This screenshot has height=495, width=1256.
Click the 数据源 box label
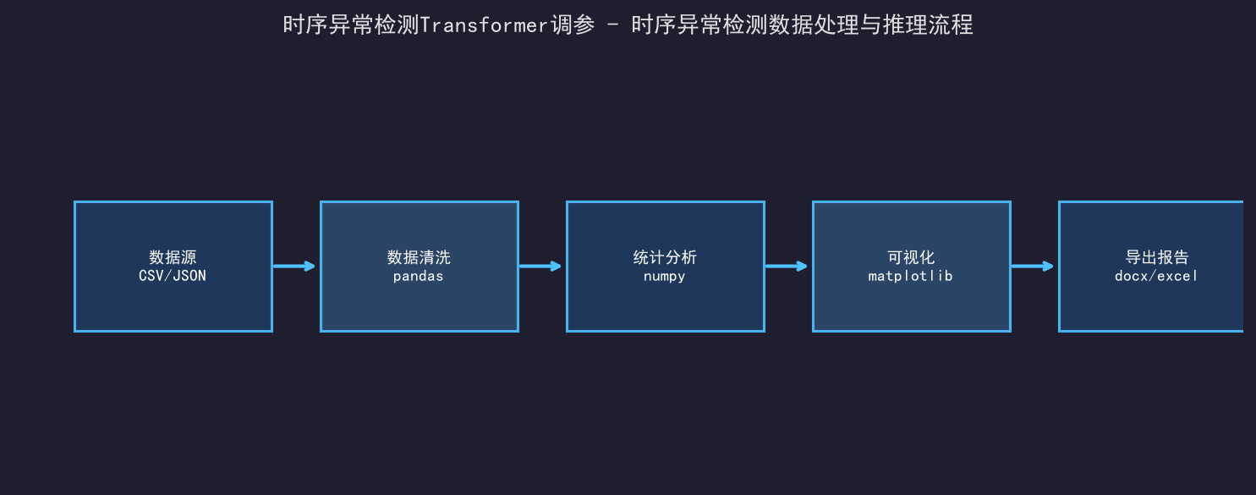pos(173,257)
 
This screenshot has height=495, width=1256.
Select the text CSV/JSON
pos(173,276)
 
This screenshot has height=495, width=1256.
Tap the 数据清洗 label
pos(419,257)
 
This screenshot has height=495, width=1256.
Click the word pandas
pos(419,276)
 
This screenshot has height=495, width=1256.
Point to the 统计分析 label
pos(665,257)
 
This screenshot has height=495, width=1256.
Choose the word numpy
pos(665,277)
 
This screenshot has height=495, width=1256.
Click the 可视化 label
pos(911,257)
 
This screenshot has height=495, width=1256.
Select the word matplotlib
pos(911,276)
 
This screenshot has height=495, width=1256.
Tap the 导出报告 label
pos(1157,257)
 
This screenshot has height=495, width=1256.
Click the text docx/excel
pos(1156,276)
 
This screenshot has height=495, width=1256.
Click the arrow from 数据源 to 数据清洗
pos(293,266)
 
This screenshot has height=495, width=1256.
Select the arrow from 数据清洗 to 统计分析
pos(540,266)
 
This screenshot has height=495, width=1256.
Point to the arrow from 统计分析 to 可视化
pos(786,266)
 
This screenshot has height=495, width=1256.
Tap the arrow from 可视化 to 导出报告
pos(1032,266)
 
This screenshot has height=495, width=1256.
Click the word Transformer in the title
pos(483,25)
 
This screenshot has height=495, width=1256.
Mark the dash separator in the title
pos(613,25)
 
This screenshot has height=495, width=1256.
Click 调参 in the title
pos(573,25)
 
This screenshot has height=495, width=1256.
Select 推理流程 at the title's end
pos(928,25)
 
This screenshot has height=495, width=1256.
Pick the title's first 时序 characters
pos(305,25)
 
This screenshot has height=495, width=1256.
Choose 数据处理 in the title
pos(813,25)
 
